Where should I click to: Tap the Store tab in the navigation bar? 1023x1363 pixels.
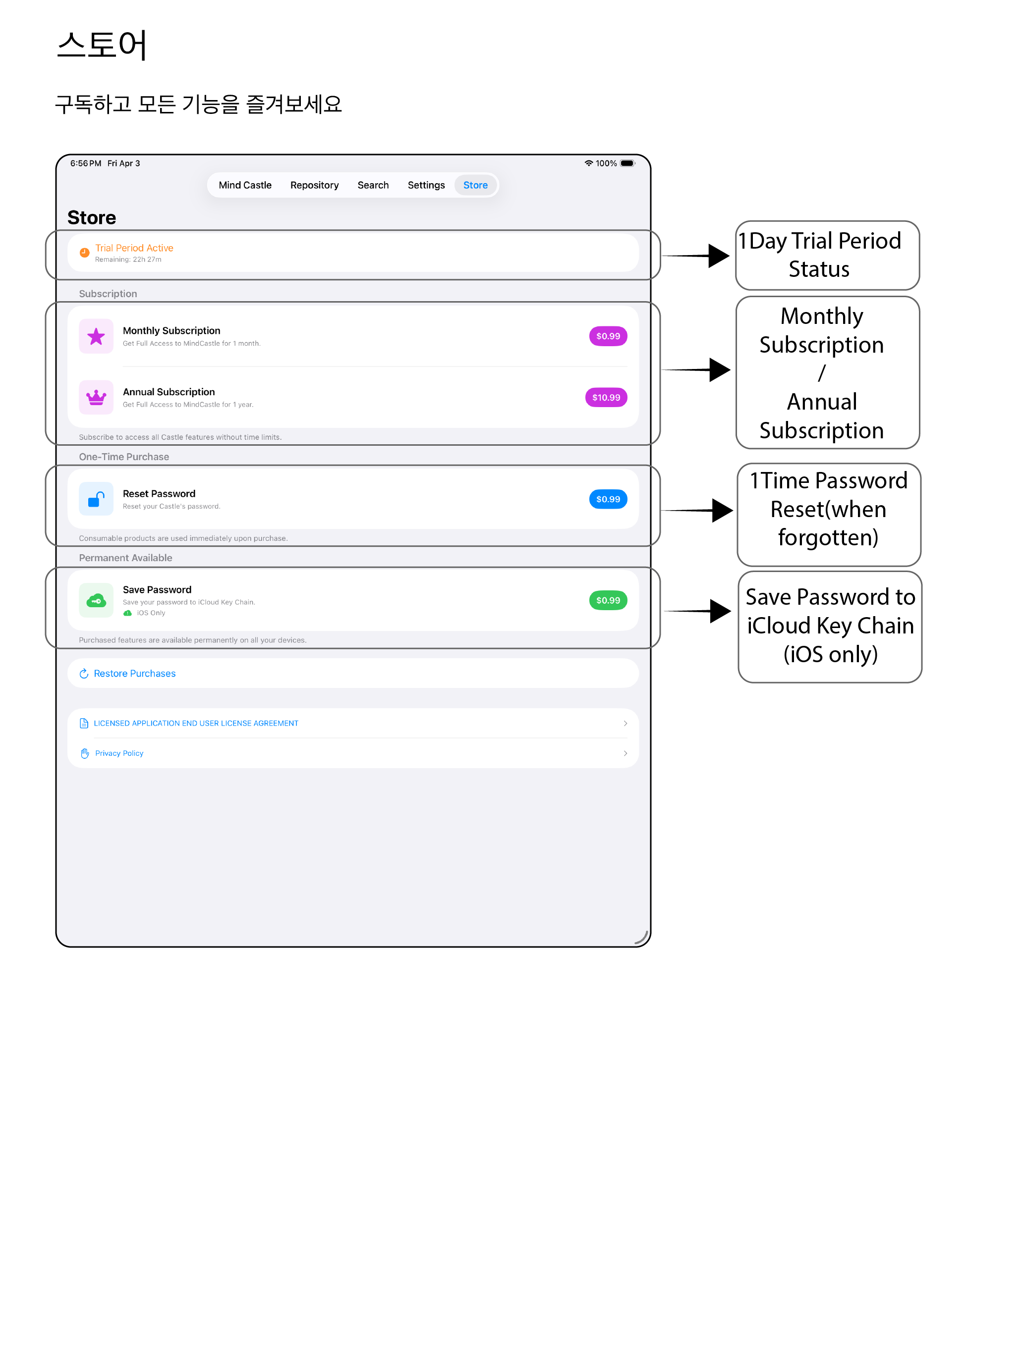[x=475, y=185]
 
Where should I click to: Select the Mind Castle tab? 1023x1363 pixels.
[x=245, y=185]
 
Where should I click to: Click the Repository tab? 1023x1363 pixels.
[x=315, y=185]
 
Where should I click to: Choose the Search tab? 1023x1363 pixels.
[x=373, y=185]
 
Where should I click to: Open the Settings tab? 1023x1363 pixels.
[x=426, y=185]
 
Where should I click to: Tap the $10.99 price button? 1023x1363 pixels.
[x=606, y=397]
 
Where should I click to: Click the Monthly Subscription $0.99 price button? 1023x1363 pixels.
[x=608, y=336]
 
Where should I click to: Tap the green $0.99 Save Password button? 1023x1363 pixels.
[x=608, y=600]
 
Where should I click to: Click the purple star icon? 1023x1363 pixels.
[x=96, y=336]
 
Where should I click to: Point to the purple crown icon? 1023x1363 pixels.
[x=96, y=397]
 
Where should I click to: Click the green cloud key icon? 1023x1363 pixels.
[x=96, y=600]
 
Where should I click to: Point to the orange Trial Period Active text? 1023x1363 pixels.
[x=134, y=248]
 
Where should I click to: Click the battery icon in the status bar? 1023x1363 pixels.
[x=627, y=163]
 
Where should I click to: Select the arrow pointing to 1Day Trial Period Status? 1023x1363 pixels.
[x=695, y=255]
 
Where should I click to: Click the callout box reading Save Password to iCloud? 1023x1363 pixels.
[x=830, y=627]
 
